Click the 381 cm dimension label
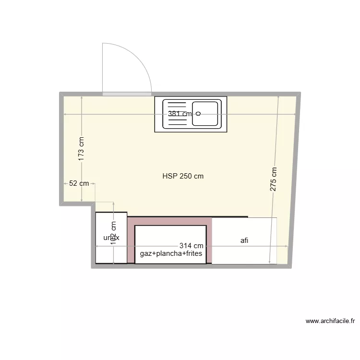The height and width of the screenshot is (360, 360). point(180,114)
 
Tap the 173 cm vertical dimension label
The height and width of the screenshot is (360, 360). point(81,148)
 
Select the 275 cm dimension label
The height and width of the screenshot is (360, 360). point(273,180)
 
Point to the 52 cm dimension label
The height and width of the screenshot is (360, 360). point(79,183)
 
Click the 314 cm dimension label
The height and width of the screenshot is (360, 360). point(191,246)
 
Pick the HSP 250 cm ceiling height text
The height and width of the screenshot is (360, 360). point(183,176)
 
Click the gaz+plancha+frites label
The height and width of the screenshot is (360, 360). point(171,253)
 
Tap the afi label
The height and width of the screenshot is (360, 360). point(244,241)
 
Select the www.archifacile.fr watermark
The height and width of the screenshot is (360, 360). point(330,321)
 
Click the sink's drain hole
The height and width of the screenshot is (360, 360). point(198,114)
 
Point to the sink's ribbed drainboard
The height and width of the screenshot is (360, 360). point(176,114)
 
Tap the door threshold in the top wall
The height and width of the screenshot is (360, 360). point(127,94)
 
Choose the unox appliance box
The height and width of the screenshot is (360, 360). point(111,238)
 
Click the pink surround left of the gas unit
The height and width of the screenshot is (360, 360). point(131,240)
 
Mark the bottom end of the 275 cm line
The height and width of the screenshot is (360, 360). point(270,264)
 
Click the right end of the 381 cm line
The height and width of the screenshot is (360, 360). point(295,114)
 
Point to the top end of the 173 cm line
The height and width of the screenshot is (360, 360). point(82,96)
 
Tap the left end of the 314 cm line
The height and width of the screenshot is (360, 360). point(96,246)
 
